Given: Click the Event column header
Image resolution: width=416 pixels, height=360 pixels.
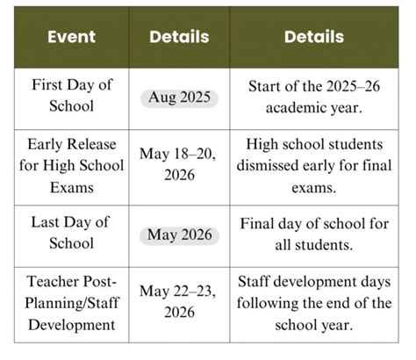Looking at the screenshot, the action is click(x=71, y=37).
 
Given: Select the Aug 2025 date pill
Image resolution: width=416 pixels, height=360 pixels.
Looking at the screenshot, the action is click(x=180, y=97).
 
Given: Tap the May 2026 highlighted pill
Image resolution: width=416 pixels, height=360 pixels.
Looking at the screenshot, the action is click(x=180, y=236).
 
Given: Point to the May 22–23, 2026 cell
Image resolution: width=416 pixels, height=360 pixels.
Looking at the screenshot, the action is click(x=180, y=303).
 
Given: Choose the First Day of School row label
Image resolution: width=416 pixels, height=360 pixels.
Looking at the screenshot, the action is click(x=71, y=97).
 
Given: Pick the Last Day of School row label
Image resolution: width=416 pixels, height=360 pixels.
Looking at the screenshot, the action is click(x=71, y=235).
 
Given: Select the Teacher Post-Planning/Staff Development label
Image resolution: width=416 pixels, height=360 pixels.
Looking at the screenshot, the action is click(x=71, y=303).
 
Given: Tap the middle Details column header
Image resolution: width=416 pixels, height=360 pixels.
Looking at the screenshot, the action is click(x=180, y=37).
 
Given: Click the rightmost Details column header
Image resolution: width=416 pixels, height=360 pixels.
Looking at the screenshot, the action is click(x=314, y=37).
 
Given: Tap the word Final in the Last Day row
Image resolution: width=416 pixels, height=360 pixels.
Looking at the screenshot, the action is click(x=262, y=225).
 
